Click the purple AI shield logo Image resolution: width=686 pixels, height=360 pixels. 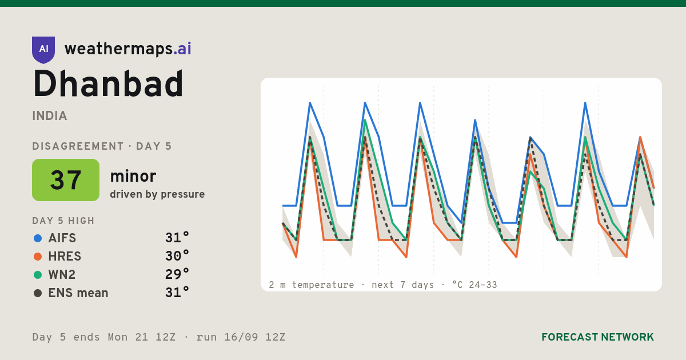[43, 50]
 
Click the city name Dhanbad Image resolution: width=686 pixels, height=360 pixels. [108, 83]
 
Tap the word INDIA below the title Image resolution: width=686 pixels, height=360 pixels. [50, 116]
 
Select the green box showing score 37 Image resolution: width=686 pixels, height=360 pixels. [66, 180]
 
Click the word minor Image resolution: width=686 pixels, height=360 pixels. [133, 176]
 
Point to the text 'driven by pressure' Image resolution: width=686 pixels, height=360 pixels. [157, 194]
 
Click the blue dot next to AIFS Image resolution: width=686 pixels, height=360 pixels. [38, 238]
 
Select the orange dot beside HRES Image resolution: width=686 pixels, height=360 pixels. [38, 257]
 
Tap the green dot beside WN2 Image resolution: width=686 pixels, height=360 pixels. [38, 275]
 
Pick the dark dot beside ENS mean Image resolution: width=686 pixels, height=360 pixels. [38, 293]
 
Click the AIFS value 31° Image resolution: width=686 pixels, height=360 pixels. [177, 238]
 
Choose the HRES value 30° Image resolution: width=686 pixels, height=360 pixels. [177, 256]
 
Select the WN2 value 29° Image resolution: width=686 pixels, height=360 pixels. [177, 274]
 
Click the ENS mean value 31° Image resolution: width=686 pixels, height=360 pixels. [177, 293]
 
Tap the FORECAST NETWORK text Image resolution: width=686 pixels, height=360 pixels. [597, 337]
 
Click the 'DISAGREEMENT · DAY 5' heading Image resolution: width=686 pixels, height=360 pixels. [102, 146]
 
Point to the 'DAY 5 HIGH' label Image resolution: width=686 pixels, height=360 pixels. [63, 221]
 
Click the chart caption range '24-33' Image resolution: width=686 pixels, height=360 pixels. [483, 285]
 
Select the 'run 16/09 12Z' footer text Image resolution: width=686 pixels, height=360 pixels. [241, 337]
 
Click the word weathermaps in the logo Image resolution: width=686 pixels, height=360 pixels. [118, 49]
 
